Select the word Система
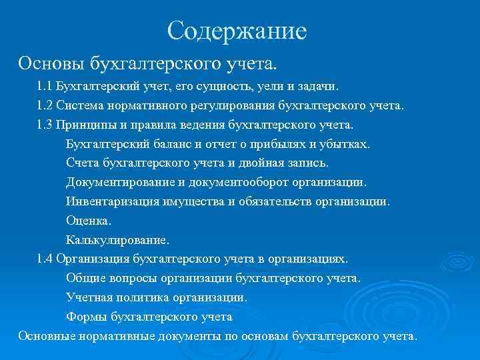click(x=80, y=105)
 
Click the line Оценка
click(x=89, y=220)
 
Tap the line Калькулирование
click(x=117, y=239)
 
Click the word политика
click(x=148, y=297)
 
